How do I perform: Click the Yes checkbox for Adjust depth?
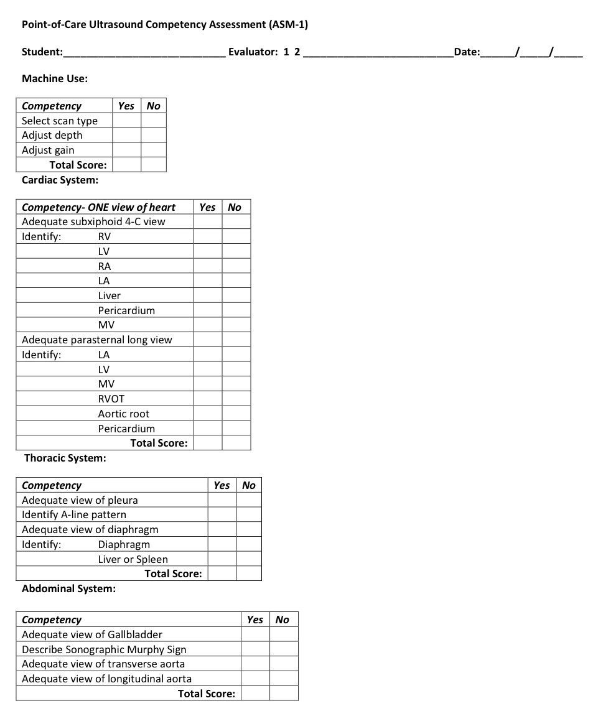click(x=126, y=135)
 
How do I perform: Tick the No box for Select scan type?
click(x=153, y=121)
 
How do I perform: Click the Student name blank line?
click(x=144, y=52)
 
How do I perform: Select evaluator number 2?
click(x=297, y=52)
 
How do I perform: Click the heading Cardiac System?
click(x=60, y=180)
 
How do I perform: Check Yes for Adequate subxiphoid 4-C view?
click(x=207, y=221)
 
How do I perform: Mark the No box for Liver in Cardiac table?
click(x=236, y=295)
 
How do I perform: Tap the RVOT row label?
click(x=111, y=399)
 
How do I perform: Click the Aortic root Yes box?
click(x=207, y=414)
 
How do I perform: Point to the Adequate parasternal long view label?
click(x=96, y=340)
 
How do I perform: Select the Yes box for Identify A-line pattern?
click(x=222, y=514)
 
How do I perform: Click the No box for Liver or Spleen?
click(x=249, y=559)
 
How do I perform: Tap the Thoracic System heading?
click(x=65, y=458)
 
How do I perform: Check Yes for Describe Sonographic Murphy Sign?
click(x=255, y=649)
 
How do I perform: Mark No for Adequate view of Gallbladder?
click(x=284, y=634)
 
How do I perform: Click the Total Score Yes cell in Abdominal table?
click(x=255, y=694)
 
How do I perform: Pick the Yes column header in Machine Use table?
click(x=126, y=106)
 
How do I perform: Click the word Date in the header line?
click(x=467, y=52)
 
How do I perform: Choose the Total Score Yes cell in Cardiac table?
click(x=207, y=443)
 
